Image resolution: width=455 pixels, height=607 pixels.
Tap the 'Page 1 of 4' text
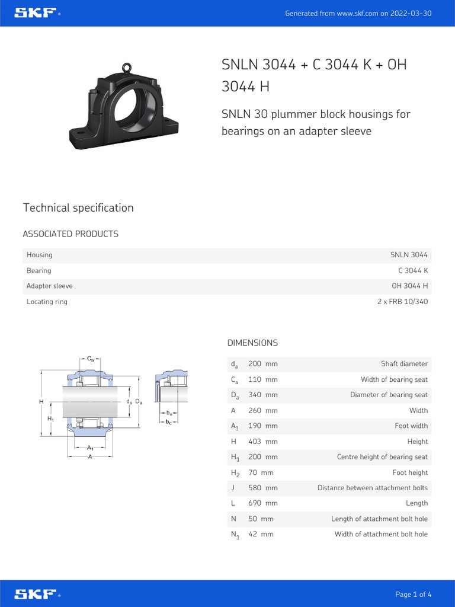pos(414,594)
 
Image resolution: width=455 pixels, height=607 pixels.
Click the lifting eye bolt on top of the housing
pos(126,68)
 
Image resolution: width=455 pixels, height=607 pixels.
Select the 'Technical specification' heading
pos(78,207)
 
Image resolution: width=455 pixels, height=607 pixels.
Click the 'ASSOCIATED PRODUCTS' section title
pos(71,234)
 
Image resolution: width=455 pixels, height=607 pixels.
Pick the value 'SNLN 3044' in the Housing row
pos(409,255)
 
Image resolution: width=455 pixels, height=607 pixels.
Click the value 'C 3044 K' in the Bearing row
pos(413,270)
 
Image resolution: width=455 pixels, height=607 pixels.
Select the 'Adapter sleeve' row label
pos(50,286)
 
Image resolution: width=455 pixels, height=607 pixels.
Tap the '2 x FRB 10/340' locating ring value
pos(402,302)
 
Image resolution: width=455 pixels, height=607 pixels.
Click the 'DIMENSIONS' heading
pos(252,343)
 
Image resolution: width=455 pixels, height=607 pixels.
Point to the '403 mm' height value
pos(262,442)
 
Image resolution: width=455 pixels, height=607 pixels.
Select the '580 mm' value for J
pos(262,488)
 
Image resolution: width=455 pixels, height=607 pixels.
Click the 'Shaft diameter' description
pos(404,364)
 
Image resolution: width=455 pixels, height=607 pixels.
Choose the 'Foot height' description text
pos(410,472)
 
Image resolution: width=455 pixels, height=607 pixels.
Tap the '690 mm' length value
pos(262,503)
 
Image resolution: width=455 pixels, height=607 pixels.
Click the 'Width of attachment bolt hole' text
pos(381,534)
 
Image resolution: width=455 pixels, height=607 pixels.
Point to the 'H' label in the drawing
pos(41,402)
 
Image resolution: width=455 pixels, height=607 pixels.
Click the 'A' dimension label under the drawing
pos(91,457)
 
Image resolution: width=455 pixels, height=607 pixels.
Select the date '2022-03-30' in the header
pos(411,13)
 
